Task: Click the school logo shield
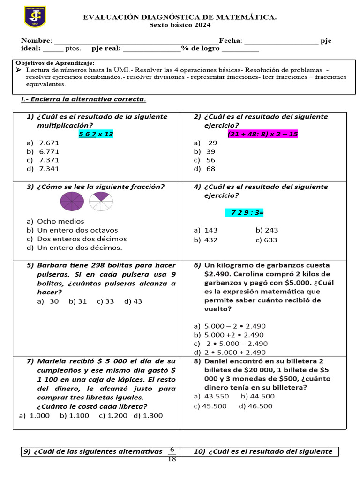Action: [35, 17]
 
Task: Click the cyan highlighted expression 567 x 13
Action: [96, 134]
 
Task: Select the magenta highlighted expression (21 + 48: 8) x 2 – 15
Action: [262, 134]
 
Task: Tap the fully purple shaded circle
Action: [72, 202]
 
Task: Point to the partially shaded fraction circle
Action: [101, 202]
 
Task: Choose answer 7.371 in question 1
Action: [49, 160]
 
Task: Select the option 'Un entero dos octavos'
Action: [77, 230]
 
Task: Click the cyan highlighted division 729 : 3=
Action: [244, 213]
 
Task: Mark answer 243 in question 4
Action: [271, 230]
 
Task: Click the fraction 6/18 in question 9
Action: [172, 454]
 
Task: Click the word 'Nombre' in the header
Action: [36, 41]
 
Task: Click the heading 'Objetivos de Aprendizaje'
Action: [55, 62]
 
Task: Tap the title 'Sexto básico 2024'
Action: [180, 25]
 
